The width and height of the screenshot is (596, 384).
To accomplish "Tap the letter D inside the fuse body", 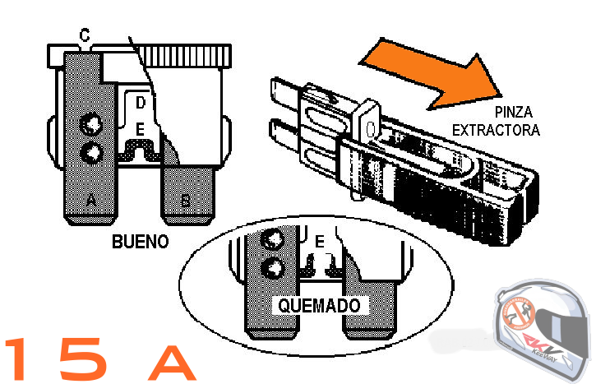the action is (141, 103).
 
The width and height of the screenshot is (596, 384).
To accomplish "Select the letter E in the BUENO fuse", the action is (141, 130).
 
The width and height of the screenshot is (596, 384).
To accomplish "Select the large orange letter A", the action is (171, 359).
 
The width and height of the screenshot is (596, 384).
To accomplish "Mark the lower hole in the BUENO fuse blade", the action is (91, 152).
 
